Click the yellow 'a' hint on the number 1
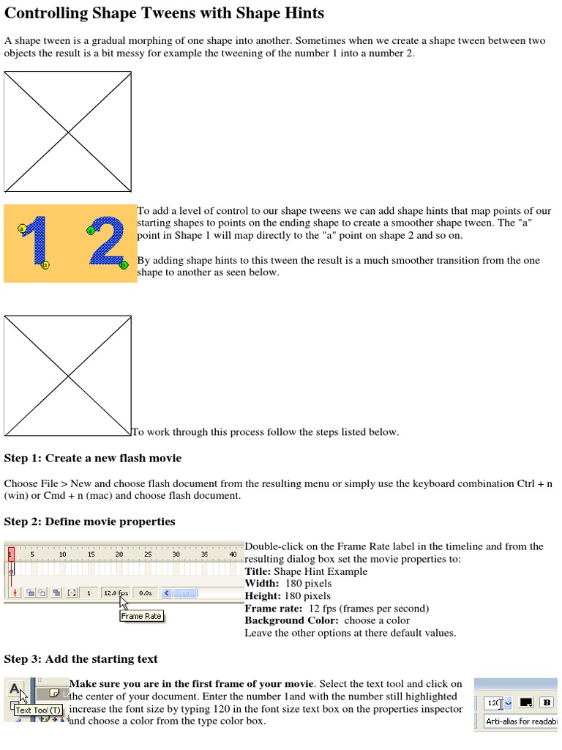[x=22, y=229]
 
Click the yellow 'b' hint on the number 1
[x=45, y=265]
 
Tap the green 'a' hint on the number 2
[x=91, y=231]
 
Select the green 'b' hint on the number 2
[x=124, y=265]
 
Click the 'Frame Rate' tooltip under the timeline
[x=141, y=616]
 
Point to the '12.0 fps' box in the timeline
[x=116, y=593]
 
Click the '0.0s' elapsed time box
[x=145, y=593]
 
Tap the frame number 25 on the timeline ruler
[x=148, y=554]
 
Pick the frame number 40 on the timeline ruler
[x=233, y=554]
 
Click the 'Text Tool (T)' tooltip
[x=39, y=710]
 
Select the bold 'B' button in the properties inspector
[x=546, y=702]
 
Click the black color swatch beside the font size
[x=525, y=702]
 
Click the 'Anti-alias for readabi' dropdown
[x=521, y=721]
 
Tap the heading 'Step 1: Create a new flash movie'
[x=93, y=458]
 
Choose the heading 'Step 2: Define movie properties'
[x=90, y=521]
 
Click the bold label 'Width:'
[x=261, y=583]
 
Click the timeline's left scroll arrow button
[x=167, y=593]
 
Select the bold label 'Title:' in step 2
[x=258, y=571]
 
